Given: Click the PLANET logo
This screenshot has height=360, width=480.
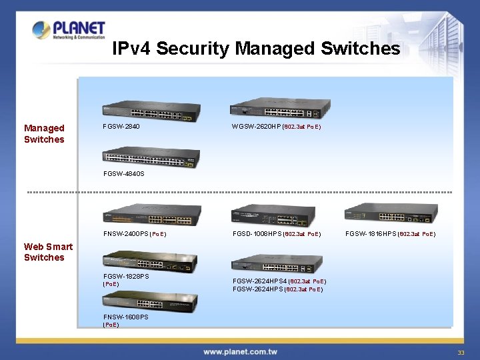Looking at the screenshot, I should click(69, 30).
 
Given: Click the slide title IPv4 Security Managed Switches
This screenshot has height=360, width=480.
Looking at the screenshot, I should click(256, 49).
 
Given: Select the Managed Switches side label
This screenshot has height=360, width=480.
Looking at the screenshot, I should click(44, 133).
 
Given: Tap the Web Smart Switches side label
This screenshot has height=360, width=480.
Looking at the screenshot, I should click(48, 252).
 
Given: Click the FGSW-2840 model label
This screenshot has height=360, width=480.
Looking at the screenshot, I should click(121, 126).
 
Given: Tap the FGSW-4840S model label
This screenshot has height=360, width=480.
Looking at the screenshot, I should click(124, 174).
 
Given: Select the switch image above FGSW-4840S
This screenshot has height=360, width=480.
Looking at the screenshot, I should click(151, 157).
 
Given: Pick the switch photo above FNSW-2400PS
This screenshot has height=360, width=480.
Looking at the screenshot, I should click(152, 215).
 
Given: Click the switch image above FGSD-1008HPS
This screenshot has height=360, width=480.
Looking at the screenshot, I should click(273, 215).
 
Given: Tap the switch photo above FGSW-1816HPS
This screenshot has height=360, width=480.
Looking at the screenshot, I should click(391, 214).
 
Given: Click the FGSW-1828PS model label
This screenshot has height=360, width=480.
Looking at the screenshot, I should click(126, 276).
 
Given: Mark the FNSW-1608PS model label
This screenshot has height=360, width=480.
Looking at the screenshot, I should click(126, 317).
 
